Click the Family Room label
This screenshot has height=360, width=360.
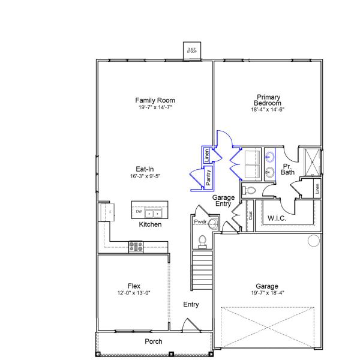(155, 100)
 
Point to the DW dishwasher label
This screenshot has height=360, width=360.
(139, 212)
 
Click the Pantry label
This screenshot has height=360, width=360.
(208, 176)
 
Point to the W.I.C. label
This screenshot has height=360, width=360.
(277, 218)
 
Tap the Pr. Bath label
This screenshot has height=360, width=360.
(288, 169)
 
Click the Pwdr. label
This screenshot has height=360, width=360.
(200, 222)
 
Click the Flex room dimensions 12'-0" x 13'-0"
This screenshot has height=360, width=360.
(134, 293)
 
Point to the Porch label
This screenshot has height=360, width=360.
(154, 341)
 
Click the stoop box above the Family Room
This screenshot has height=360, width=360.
(192, 51)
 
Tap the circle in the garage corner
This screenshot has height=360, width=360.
(313, 241)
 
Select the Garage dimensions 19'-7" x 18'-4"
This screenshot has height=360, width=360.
(267, 293)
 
